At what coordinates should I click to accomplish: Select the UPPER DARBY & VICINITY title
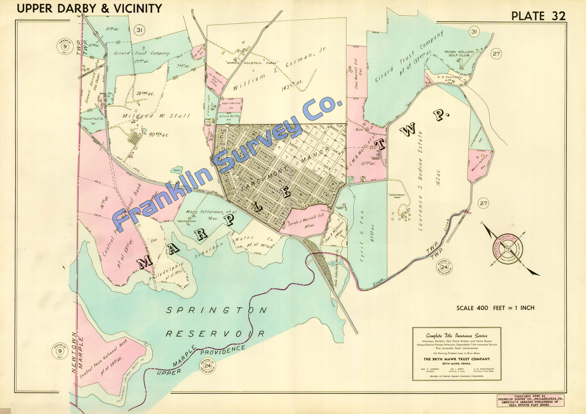[89, 8]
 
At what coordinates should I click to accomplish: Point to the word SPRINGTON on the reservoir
[216, 310]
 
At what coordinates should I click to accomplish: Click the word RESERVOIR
[215, 334]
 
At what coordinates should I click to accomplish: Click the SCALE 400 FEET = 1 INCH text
[495, 308]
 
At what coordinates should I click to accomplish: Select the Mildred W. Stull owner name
[156, 116]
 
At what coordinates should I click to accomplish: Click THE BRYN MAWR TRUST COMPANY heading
[457, 359]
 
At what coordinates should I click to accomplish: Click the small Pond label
[176, 170]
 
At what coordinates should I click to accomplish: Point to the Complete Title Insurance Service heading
[457, 336]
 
